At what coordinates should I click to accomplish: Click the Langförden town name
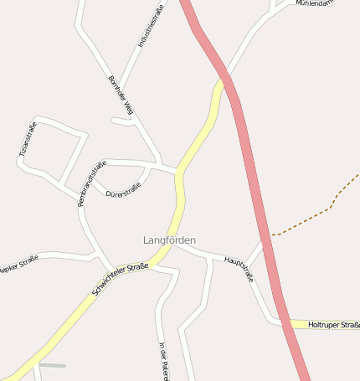169,240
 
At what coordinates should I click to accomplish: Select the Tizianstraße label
28,139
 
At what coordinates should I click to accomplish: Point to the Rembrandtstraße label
91,183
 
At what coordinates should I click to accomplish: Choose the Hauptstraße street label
239,270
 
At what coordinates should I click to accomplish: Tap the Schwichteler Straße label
121,279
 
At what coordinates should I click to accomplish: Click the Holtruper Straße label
333,324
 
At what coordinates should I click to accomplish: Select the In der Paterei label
163,361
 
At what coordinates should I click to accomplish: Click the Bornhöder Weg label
121,95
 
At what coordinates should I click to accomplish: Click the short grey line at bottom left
52,365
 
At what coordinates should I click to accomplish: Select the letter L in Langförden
146,240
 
